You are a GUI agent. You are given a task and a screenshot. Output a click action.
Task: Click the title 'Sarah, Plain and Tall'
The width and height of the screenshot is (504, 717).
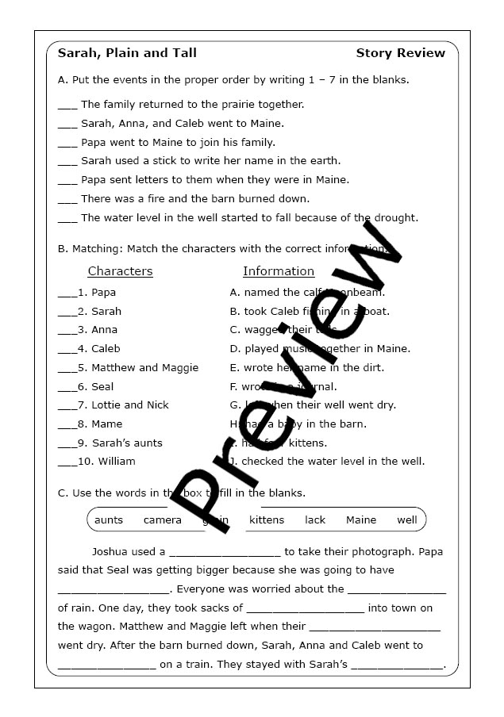tap(127, 53)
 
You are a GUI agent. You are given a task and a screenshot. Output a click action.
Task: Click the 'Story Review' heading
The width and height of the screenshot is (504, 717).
tap(400, 53)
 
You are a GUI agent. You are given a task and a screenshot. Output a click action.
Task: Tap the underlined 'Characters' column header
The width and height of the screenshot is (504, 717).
tap(120, 271)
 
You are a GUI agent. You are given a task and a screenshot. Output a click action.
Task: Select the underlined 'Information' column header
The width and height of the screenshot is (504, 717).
tap(279, 271)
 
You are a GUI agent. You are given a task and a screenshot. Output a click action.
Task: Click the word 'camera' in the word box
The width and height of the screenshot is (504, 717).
tap(163, 520)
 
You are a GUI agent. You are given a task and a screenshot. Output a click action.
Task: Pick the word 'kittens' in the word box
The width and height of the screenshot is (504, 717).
tap(267, 520)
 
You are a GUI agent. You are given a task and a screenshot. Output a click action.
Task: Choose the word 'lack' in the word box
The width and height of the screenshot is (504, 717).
tap(315, 520)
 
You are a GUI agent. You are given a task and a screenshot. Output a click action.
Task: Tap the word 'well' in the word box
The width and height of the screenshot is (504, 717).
tap(407, 520)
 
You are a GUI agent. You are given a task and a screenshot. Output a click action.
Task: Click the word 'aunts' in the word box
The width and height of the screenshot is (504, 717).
tap(109, 520)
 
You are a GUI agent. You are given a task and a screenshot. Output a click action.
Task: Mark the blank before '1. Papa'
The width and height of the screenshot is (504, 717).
tap(67, 294)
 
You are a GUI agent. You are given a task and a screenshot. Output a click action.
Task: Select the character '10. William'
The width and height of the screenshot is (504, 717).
tap(106, 461)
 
